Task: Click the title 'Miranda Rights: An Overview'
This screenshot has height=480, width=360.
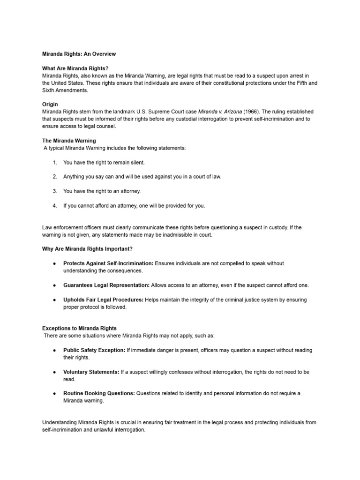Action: (x=79, y=54)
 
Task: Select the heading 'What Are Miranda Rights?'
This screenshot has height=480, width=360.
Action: (x=75, y=68)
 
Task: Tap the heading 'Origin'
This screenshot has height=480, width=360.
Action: (x=50, y=105)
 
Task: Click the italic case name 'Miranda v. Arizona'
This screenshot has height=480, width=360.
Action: (x=220, y=112)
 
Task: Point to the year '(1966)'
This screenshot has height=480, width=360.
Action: (x=253, y=112)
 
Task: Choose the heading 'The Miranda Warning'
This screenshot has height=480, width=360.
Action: (x=69, y=141)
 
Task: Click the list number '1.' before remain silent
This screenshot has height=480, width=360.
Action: (x=55, y=162)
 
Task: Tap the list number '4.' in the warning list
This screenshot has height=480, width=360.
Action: (x=55, y=205)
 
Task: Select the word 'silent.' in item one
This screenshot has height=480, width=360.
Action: (x=135, y=162)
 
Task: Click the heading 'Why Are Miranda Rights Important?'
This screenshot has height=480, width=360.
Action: (x=90, y=249)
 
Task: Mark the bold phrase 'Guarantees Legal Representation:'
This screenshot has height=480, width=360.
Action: (x=106, y=285)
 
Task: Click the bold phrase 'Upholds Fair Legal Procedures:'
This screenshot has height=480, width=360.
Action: (x=104, y=300)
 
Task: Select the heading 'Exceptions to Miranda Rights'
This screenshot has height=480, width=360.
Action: (x=80, y=328)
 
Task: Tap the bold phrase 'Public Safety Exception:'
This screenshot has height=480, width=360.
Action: (x=94, y=350)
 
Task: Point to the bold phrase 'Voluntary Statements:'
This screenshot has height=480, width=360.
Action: (x=91, y=372)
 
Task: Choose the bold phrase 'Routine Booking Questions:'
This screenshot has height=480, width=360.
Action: (x=99, y=393)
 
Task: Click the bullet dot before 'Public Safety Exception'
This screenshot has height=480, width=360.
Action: (x=55, y=350)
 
